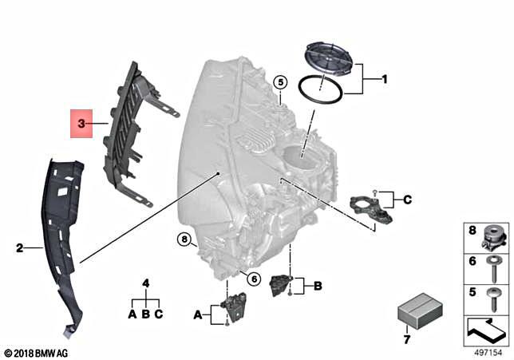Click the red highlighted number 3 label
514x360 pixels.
tap(81, 123)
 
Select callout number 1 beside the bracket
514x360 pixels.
tap(383, 80)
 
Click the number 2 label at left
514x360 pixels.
tap(20, 248)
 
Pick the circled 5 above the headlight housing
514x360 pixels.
tap(279, 81)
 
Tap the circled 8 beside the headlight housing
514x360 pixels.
tap(184, 239)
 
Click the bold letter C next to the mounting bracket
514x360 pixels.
tap(406, 200)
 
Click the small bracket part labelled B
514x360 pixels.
tap(281, 284)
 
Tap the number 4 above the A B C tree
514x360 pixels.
tap(145, 283)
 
